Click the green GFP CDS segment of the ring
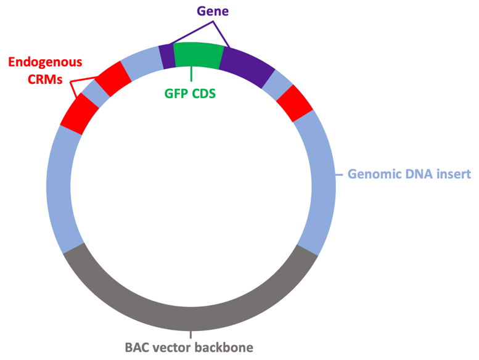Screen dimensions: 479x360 pyautogui.click(x=198, y=55)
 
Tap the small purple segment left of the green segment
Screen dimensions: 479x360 pyautogui.click(x=167, y=57)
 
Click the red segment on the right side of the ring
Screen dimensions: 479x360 pyautogui.click(x=295, y=103)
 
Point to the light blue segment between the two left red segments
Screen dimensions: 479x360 pyautogui.click(x=96, y=94)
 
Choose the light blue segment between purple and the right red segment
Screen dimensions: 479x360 pyautogui.click(x=277, y=85)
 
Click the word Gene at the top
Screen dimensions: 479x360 pyautogui.click(x=213, y=11)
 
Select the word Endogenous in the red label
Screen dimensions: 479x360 pyautogui.click(x=45, y=63)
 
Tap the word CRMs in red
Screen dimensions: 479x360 pyautogui.click(x=45, y=80)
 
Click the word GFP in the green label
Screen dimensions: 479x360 pyautogui.click(x=175, y=94)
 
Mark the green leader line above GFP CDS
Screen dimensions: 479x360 pyautogui.click(x=191, y=74)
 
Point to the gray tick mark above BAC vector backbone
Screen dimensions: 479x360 pyautogui.click(x=191, y=334)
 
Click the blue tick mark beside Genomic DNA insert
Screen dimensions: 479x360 pyautogui.click(x=339, y=175)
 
